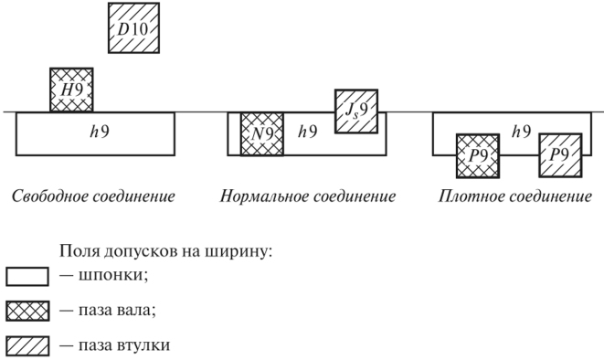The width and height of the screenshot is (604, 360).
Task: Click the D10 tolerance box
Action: (x=133, y=27)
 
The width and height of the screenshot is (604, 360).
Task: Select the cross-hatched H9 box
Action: (x=71, y=90)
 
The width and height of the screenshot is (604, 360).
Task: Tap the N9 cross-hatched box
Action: (x=262, y=134)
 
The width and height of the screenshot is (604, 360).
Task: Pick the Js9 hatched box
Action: (x=356, y=111)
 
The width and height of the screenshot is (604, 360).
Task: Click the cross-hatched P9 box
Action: (x=478, y=156)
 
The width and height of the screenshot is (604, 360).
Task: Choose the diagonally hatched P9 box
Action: (x=560, y=155)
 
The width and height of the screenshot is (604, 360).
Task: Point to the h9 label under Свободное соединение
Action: (x=100, y=132)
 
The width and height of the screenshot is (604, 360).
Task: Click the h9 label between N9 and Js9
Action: (x=308, y=132)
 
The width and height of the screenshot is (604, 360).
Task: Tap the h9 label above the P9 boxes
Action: (x=522, y=132)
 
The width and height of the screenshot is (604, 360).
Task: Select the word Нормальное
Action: (x=263, y=196)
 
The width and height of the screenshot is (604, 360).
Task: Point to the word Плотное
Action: (x=467, y=196)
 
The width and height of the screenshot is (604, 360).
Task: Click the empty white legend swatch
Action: (x=27, y=277)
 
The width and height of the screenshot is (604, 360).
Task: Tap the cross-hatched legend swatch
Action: (x=27, y=311)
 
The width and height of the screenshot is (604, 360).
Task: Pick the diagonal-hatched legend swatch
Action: (x=27, y=345)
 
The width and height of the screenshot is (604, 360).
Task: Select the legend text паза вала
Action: (x=118, y=311)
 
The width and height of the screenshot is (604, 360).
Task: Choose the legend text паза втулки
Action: (x=124, y=345)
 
